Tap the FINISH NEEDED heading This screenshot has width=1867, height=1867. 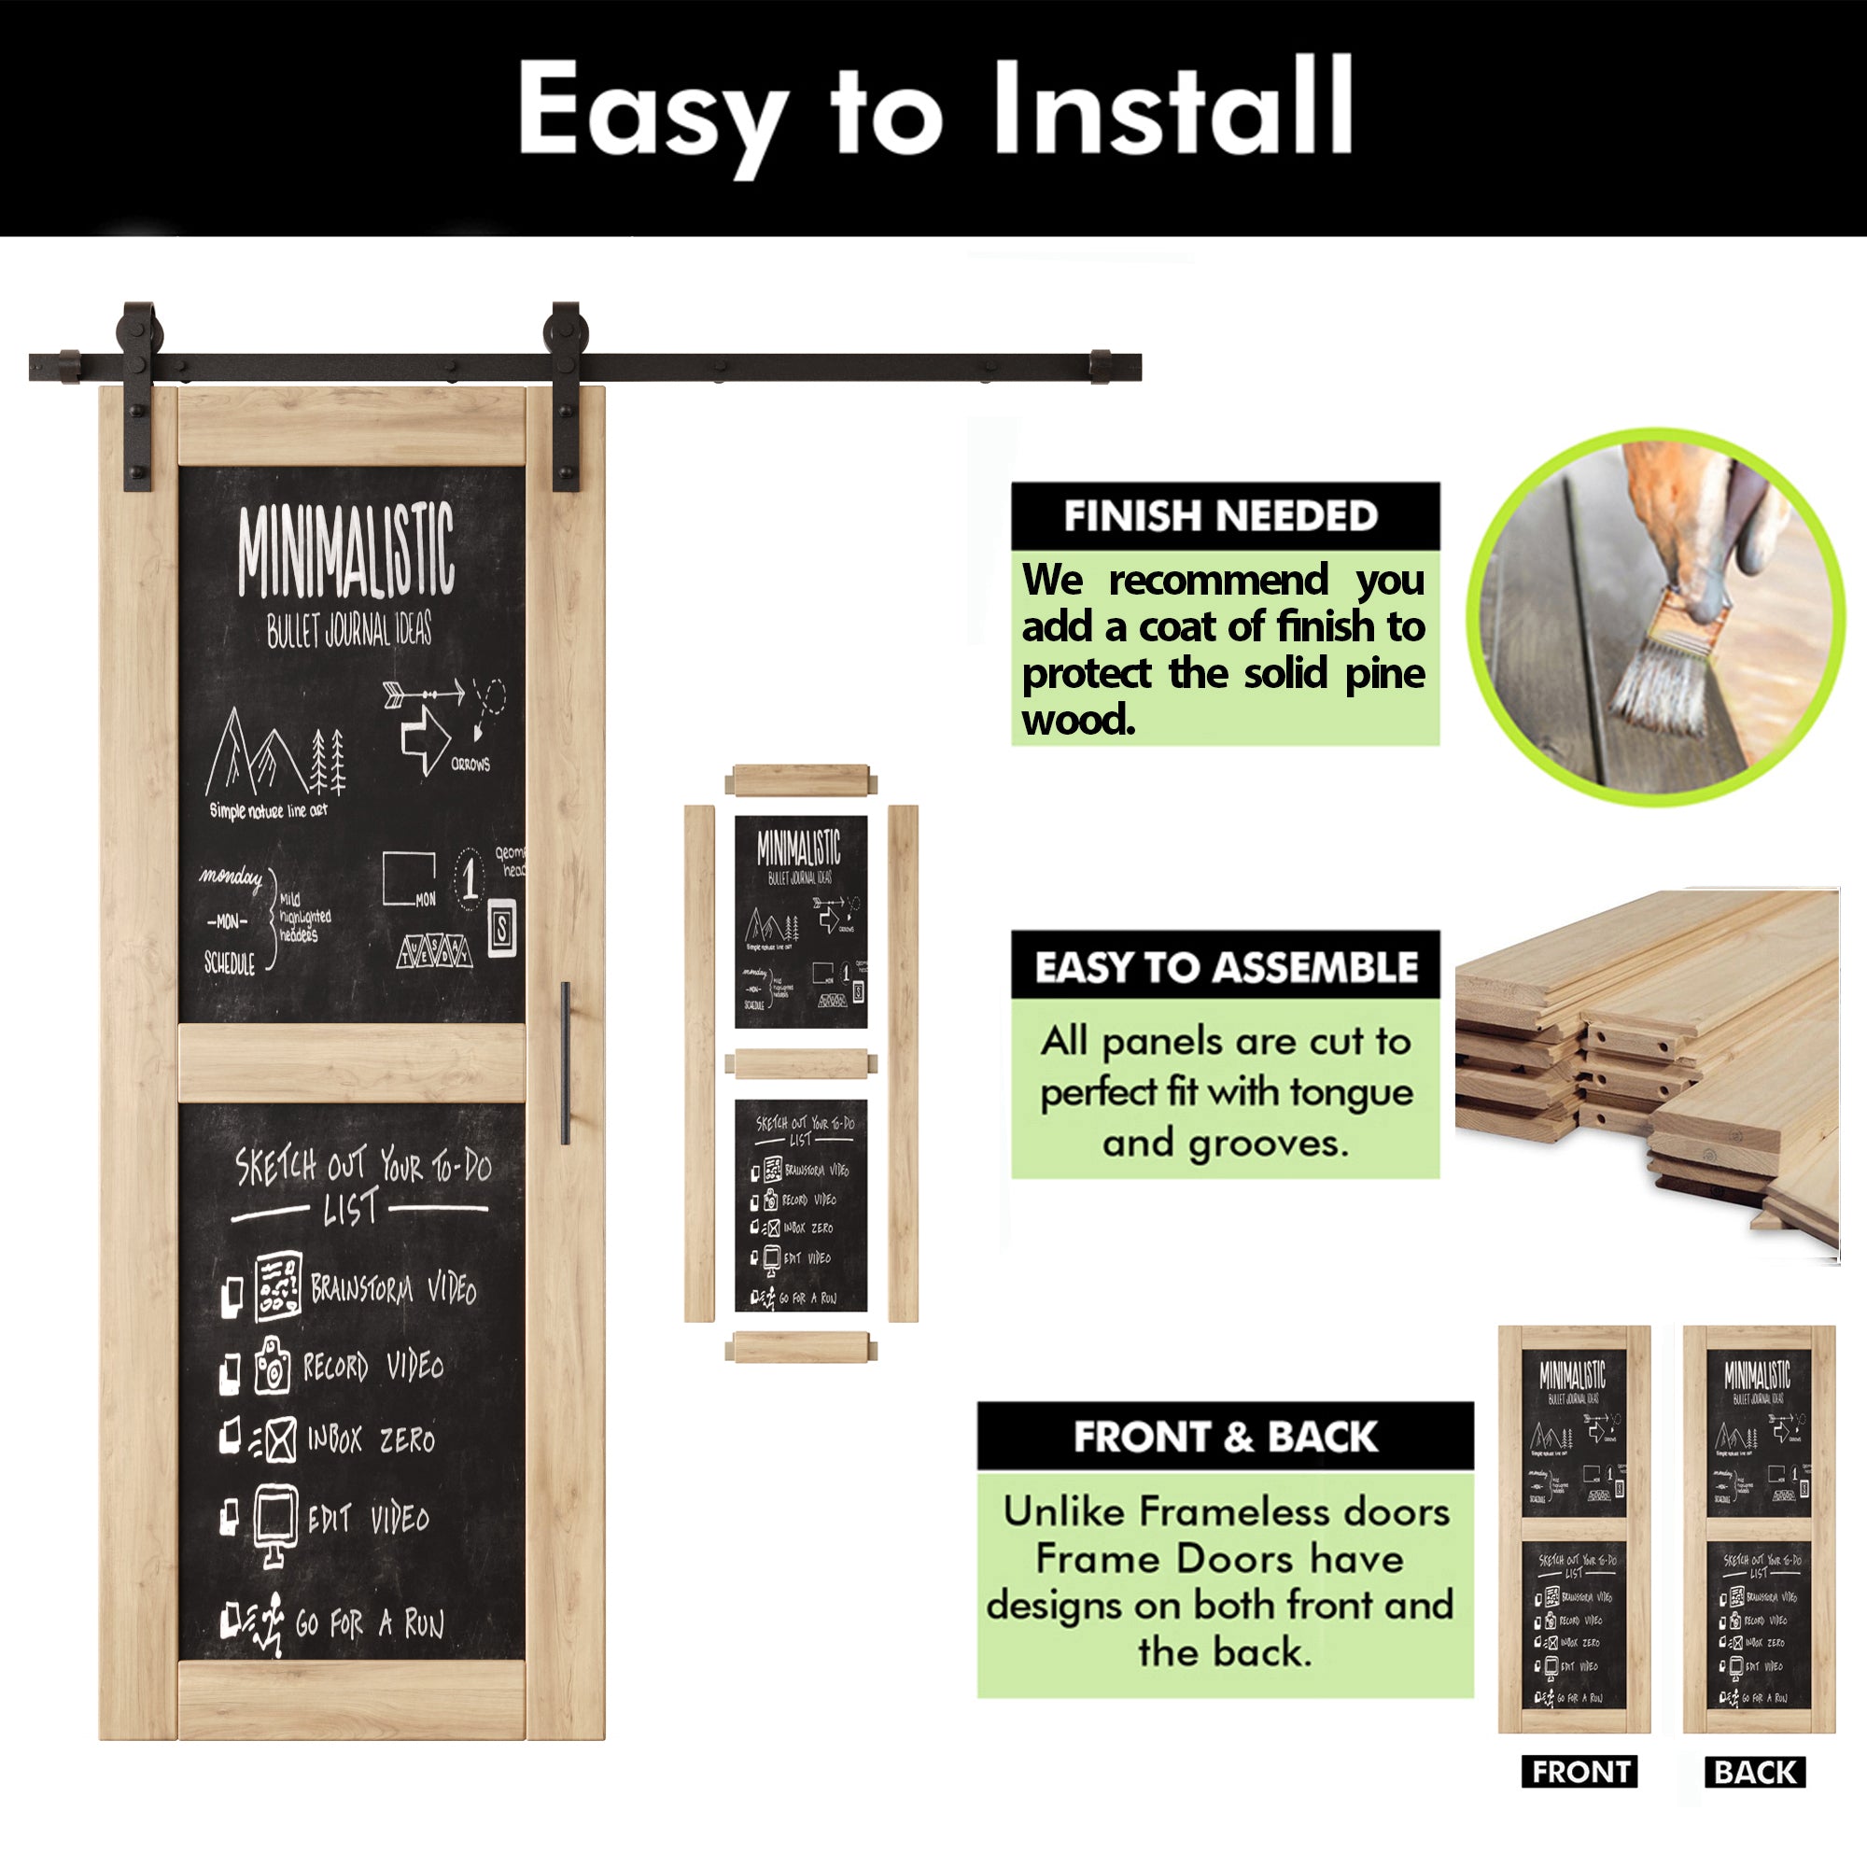tap(1220, 516)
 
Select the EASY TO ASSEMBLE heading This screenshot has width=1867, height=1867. tap(1226, 967)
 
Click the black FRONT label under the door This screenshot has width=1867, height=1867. tap(1580, 1773)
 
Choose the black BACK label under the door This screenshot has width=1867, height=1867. tap(1755, 1773)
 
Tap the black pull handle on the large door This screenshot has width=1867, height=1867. tap(566, 1063)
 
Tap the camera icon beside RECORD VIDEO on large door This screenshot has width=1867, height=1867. tap(273, 1366)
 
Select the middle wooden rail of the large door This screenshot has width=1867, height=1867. tap(352, 1063)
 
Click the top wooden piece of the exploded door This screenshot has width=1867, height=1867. tap(801, 779)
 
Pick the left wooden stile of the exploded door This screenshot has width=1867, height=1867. tap(698, 1063)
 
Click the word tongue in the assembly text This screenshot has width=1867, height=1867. tap(1351, 1092)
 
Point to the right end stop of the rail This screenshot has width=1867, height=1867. tap(1101, 367)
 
